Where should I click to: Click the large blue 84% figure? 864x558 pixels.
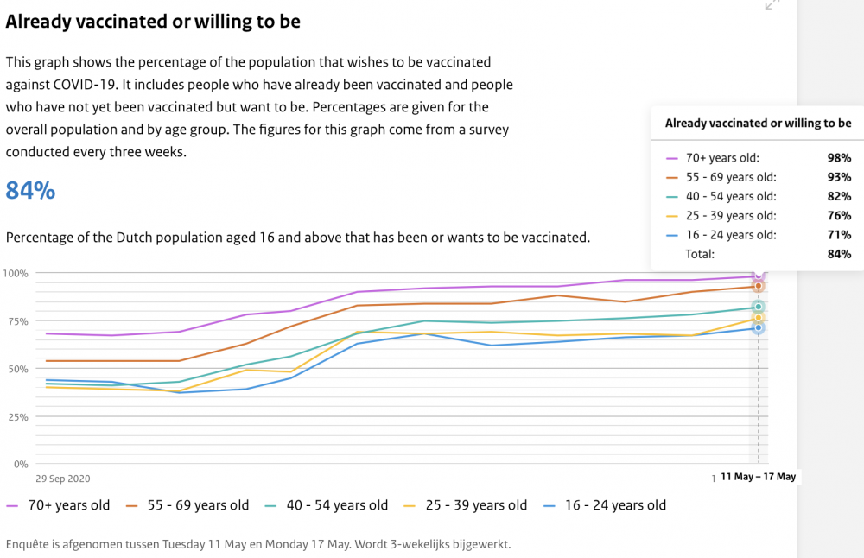(30, 191)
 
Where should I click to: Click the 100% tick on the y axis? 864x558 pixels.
(16, 273)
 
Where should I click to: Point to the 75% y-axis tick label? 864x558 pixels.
(18, 321)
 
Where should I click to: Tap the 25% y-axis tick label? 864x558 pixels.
(18, 417)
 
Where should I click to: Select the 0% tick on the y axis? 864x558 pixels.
(21, 465)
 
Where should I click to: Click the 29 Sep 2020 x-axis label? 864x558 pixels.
(63, 479)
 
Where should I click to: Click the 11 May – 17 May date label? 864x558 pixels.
(759, 477)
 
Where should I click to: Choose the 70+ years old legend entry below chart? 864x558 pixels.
(58, 505)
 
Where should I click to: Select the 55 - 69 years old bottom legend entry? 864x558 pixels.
(187, 505)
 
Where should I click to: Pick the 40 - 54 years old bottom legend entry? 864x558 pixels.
(327, 505)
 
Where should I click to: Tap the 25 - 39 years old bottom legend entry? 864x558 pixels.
(466, 505)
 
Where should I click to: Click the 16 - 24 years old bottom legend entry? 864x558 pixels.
(605, 505)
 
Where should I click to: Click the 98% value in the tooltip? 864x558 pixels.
(839, 158)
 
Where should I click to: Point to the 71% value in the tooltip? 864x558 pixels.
(839, 235)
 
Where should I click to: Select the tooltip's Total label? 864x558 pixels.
(700, 254)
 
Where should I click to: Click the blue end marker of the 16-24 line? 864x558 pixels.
(759, 327)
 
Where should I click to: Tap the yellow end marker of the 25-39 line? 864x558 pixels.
(759, 318)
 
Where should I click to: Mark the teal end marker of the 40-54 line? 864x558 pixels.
(759, 307)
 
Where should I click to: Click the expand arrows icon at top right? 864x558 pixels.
(772, 4)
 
